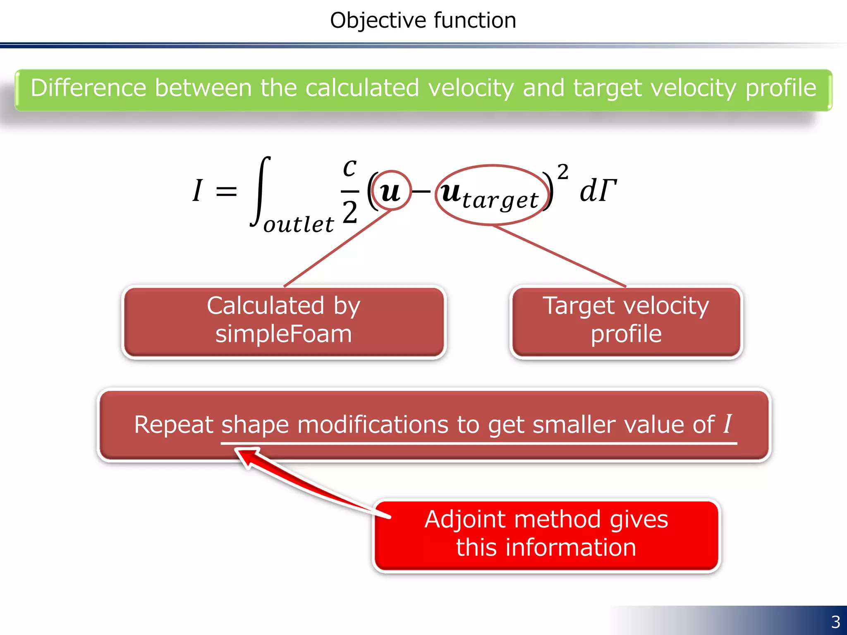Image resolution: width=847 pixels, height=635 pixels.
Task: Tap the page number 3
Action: click(835, 621)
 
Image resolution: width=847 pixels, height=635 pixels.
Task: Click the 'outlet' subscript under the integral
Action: click(299, 224)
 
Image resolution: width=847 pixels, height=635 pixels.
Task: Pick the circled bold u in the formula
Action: click(390, 191)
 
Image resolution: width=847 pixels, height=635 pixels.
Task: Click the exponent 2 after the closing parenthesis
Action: click(562, 171)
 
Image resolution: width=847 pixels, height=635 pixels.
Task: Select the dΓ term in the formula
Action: click(598, 191)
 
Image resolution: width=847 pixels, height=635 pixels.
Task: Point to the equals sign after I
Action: click(227, 191)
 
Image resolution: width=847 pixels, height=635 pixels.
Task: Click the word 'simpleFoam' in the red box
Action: click(283, 334)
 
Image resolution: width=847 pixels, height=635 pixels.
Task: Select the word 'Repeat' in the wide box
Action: click(174, 425)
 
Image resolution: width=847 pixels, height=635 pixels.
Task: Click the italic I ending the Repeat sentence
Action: click(727, 423)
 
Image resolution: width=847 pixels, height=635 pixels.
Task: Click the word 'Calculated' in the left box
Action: click(266, 306)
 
